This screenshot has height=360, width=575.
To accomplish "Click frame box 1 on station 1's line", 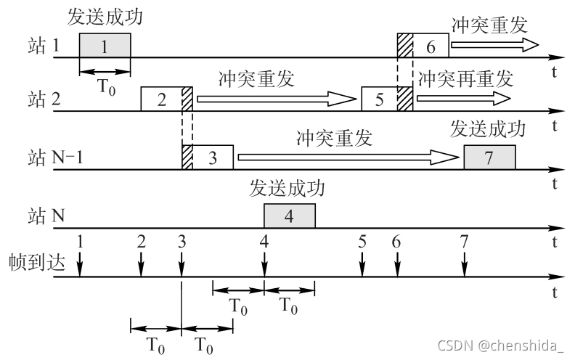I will pyautogui.click(x=105, y=46).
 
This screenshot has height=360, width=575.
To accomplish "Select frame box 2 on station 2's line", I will pyautogui.click(x=161, y=99).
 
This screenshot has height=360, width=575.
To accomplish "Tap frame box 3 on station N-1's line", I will pyautogui.click(x=213, y=157).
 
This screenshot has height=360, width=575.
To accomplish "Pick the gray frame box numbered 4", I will pyautogui.click(x=289, y=216).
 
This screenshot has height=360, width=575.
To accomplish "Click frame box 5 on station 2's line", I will pyautogui.click(x=380, y=99).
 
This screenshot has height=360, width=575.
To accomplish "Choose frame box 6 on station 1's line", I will pyautogui.click(x=431, y=46).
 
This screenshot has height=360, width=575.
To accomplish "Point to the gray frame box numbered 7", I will pyautogui.click(x=489, y=157).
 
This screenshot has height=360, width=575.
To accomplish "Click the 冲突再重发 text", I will pyautogui.click(x=465, y=77).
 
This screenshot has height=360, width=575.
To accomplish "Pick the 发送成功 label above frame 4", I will pyautogui.click(x=287, y=189).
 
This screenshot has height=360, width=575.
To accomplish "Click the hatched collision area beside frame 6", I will pyautogui.click(x=404, y=46).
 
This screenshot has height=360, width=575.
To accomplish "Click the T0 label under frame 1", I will pyautogui.click(x=105, y=86).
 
